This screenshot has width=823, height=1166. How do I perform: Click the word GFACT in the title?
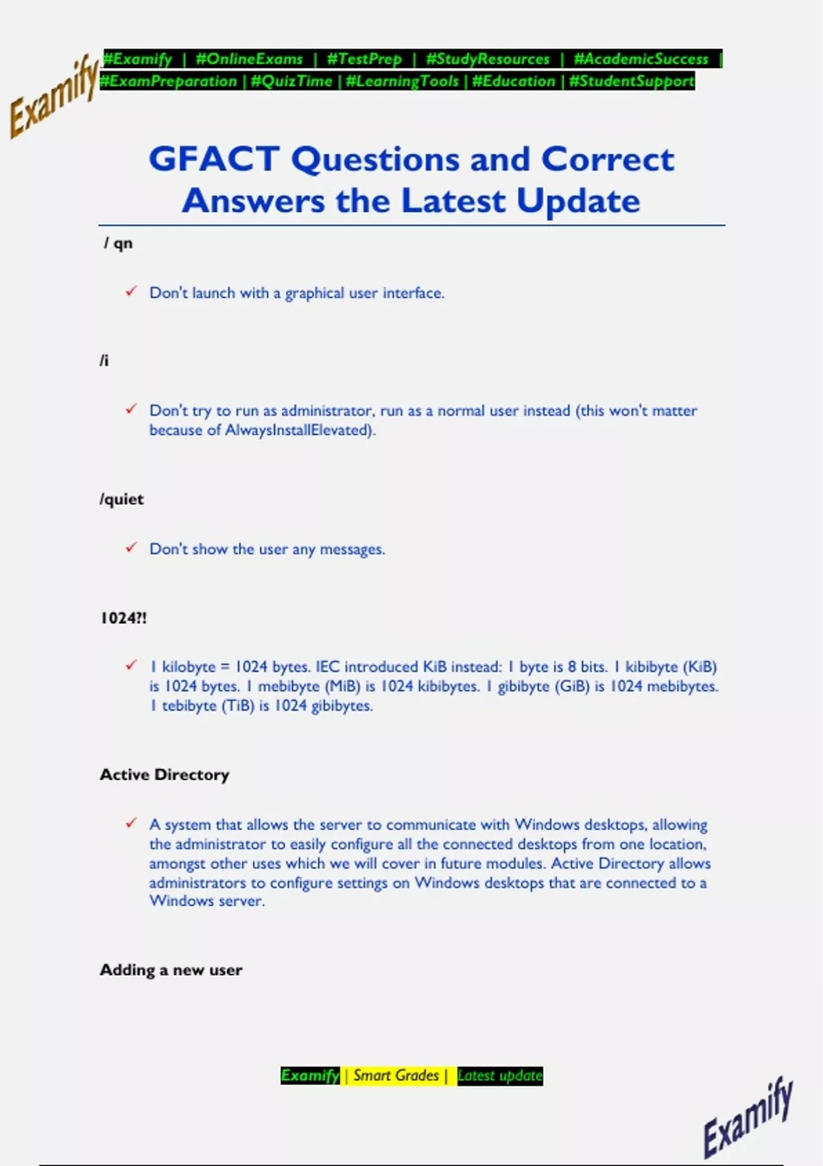[x=213, y=159]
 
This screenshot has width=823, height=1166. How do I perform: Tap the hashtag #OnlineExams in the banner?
[x=249, y=59]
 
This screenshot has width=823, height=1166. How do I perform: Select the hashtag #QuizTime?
[x=291, y=81]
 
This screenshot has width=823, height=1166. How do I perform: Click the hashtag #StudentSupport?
[x=632, y=81]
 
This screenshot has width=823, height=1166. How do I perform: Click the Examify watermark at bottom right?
[x=748, y=1116]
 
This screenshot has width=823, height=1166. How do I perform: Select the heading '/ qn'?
[x=118, y=243]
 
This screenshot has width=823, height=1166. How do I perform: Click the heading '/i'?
[x=104, y=361]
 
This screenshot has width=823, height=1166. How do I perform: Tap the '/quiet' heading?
[x=121, y=499]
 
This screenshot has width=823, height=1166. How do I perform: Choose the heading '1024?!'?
[x=123, y=618]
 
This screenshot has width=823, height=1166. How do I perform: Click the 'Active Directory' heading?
[x=165, y=774]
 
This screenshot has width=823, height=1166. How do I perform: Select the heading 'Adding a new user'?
[x=171, y=970]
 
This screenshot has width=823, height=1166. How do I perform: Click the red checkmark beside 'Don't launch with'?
[x=131, y=291]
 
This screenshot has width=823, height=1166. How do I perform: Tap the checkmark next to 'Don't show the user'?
[x=131, y=547]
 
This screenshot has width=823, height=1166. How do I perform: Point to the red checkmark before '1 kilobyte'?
[x=131, y=665]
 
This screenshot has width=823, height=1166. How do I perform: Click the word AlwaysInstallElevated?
[x=298, y=430]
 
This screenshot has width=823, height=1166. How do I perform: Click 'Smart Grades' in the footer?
[x=396, y=1075]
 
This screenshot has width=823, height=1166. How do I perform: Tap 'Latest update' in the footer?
[x=499, y=1075]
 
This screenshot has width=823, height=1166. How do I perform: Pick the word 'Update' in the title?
[x=578, y=201]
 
